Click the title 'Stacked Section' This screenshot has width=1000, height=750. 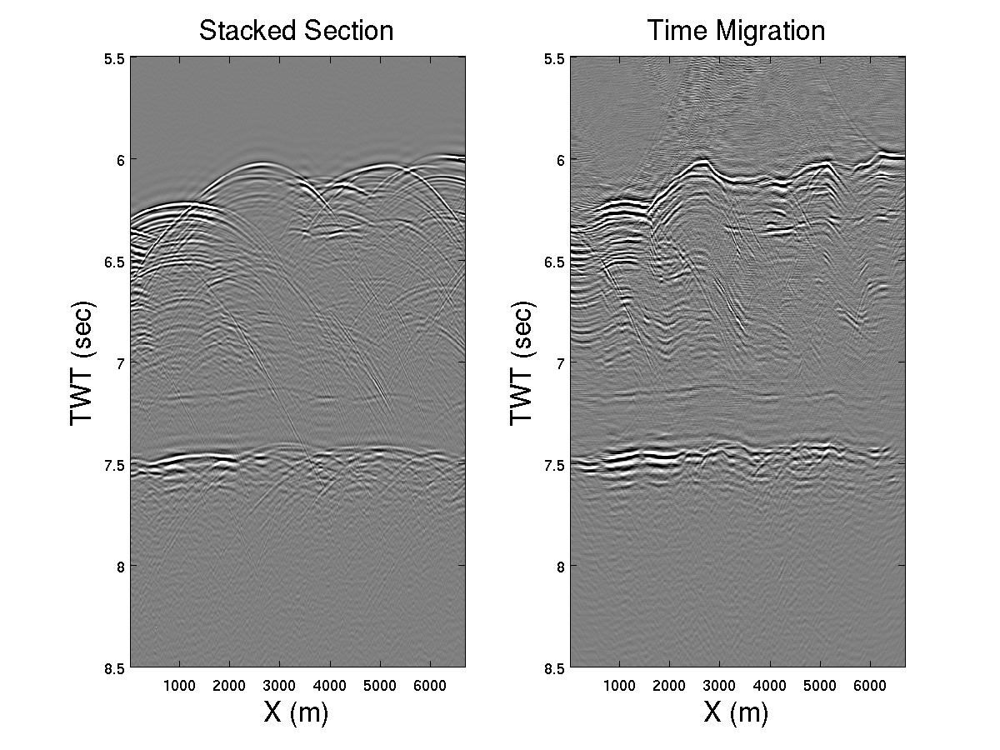[x=296, y=31]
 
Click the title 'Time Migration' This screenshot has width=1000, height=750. [x=736, y=31]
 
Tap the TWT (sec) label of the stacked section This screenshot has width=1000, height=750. [x=82, y=362]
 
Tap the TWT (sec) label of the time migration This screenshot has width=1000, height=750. [x=522, y=362]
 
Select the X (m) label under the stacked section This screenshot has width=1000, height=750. [x=296, y=712]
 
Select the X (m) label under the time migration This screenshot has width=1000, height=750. [x=736, y=712]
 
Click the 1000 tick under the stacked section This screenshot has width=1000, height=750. [x=180, y=685]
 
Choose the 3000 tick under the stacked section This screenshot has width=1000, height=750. [x=280, y=685]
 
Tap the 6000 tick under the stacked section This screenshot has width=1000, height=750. [x=430, y=685]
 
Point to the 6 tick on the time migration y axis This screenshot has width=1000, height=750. [x=560, y=160]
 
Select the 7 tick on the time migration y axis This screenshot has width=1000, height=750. [x=560, y=363]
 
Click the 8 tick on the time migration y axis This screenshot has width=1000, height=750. [x=560, y=566]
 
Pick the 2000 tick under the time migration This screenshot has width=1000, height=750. [x=670, y=685]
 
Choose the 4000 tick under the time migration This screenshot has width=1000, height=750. [x=770, y=685]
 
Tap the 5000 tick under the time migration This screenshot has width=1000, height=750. [x=820, y=685]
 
